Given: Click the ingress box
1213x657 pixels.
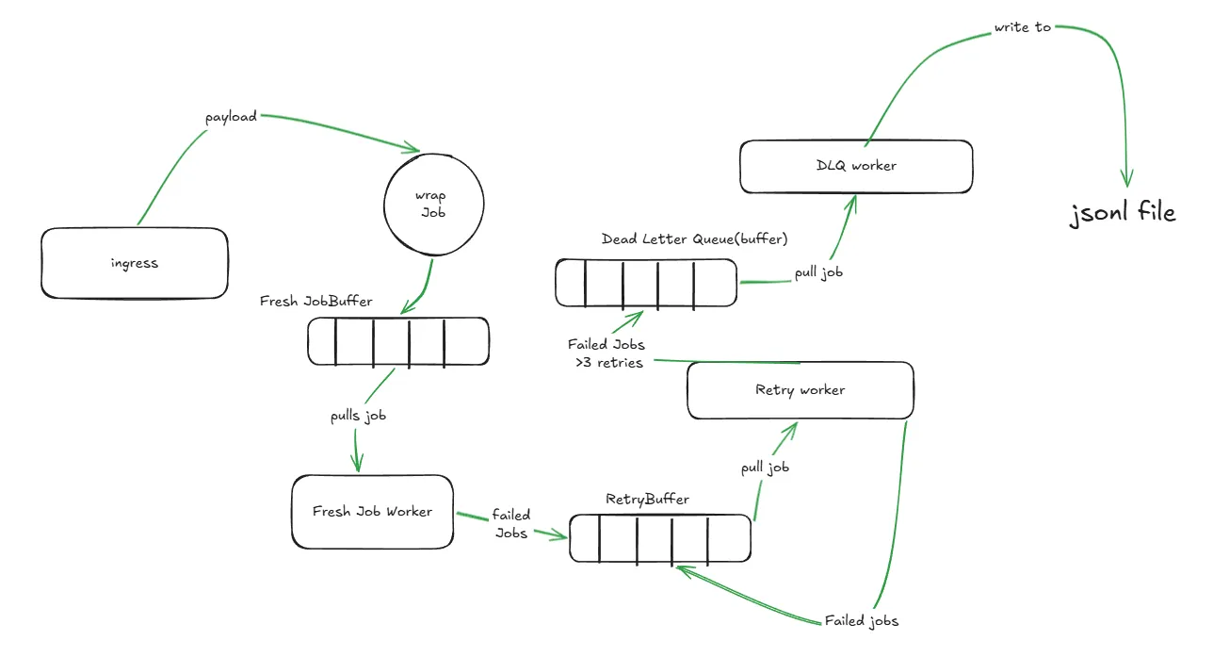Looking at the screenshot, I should pyautogui.click(x=135, y=263).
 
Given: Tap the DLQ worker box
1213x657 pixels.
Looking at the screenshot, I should pyautogui.click(x=855, y=166).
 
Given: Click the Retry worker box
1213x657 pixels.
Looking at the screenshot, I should pyautogui.click(x=800, y=390).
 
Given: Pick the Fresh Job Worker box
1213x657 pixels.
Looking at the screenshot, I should pyautogui.click(x=372, y=512).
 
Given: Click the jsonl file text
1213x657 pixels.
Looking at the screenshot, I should pyautogui.click(x=1123, y=214).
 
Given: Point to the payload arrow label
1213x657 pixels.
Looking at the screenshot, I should pyautogui.click(x=231, y=117).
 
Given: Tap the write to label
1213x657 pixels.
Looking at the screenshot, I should pyautogui.click(x=1022, y=27).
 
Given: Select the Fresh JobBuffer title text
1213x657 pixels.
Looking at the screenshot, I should pyautogui.click(x=316, y=302).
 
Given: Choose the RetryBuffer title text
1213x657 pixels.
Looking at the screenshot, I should pyautogui.click(x=647, y=500).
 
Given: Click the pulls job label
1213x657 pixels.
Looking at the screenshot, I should pyautogui.click(x=358, y=416).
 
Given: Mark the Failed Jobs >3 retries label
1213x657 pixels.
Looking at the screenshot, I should pyautogui.click(x=607, y=353).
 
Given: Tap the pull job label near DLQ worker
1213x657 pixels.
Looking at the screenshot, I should pyautogui.click(x=818, y=271).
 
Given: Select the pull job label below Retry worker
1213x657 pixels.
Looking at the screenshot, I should pyautogui.click(x=765, y=467).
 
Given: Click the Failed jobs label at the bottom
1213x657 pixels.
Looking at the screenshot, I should pyautogui.click(x=861, y=621).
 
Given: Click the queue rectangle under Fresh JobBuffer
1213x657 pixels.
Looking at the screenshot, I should pyautogui.click(x=398, y=341).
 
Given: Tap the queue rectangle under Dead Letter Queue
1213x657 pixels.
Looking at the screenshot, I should pyautogui.click(x=646, y=283).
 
